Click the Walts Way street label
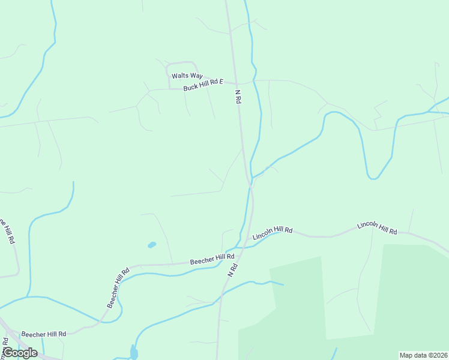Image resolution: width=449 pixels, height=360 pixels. click(187, 76)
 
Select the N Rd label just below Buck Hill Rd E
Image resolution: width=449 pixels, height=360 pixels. click(238, 97)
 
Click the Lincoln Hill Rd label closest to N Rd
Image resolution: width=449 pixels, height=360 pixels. click(273, 233)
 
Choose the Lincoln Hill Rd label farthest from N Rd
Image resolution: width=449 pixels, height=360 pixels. click(377, 228)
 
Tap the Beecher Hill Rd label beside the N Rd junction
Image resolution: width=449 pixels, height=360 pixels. click(212, 259)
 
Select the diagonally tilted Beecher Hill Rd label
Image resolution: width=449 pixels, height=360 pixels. click(118, 288)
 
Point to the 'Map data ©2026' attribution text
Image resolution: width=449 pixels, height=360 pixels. click(423, 355)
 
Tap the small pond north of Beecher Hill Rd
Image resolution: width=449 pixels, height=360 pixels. click(151, 245)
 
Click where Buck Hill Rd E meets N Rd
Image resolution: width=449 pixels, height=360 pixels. click(236, 83)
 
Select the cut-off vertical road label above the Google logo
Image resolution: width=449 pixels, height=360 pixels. click(4, 347)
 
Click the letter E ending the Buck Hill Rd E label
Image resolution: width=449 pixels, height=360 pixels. click(221, 82)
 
